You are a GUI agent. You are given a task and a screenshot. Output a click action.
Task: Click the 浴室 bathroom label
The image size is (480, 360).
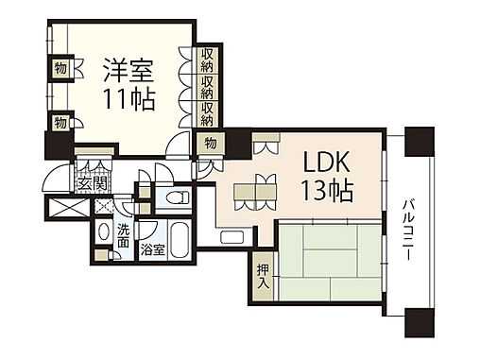click(x=153, y=250)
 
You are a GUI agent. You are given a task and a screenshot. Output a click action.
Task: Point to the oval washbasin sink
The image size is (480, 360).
click(x=104, y=233)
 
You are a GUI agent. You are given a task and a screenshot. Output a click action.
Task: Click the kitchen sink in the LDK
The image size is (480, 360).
click(x=233, y=236)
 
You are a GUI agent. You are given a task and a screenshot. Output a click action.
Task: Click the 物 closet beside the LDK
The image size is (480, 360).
click(x=209, y=144)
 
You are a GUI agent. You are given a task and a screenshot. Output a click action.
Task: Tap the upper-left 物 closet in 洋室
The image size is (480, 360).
click(x=60, y=68)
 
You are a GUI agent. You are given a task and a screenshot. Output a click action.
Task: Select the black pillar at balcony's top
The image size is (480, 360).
click(x=418, y=144)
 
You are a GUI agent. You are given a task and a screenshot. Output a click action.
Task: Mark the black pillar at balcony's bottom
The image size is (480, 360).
click(x=418, y=324)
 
